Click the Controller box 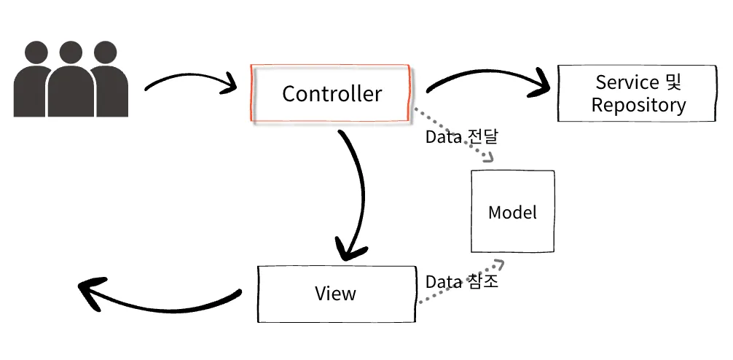332,93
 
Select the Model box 512,212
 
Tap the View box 336,294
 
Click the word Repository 638,105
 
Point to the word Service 627,82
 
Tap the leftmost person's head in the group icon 36,52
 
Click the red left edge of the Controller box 252,93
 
